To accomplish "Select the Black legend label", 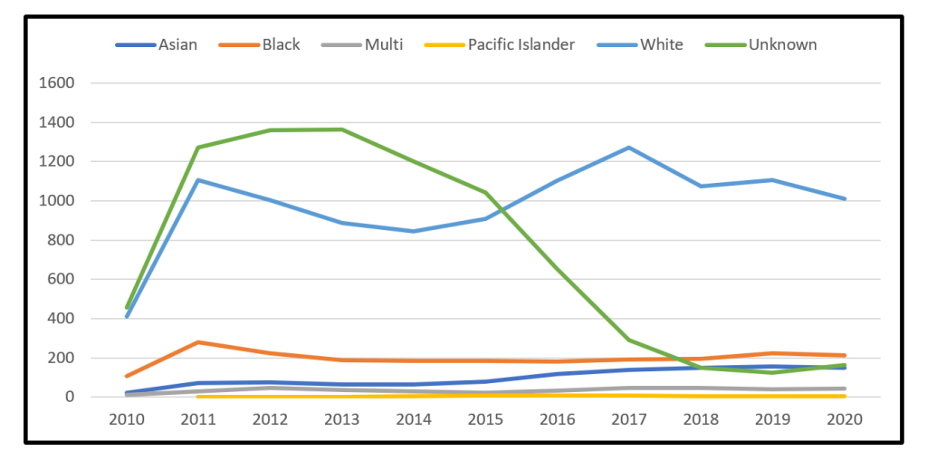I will [280, 44].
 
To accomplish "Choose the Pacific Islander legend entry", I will [521, 44].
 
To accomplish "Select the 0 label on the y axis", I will [69, 398].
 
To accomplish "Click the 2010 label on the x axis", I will [126, 420].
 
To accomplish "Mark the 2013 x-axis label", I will [342, 420].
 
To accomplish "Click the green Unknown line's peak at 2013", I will [342, 130].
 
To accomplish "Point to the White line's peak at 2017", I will [629, 148].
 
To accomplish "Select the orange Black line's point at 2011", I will [198, 342].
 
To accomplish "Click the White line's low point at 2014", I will [414, 231].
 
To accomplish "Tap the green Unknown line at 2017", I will [629, 341].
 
